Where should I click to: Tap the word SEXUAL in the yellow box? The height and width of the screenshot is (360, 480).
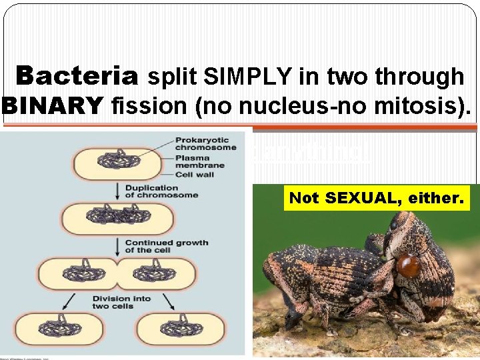[x=362, y=198]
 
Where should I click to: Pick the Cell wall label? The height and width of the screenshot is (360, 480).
[x=193, y=174]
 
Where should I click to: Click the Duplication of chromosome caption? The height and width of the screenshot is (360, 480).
[x=161, y=191]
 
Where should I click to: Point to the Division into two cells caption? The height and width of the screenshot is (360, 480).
[x=121, y=302]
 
